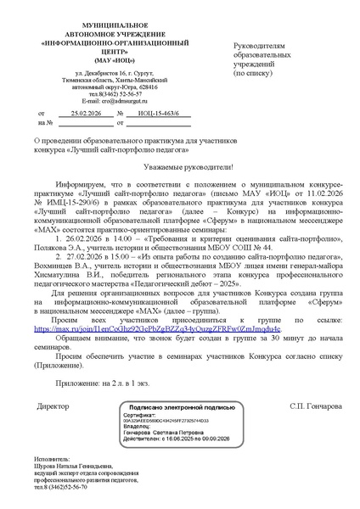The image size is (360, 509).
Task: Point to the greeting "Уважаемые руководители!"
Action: point(179,169)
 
